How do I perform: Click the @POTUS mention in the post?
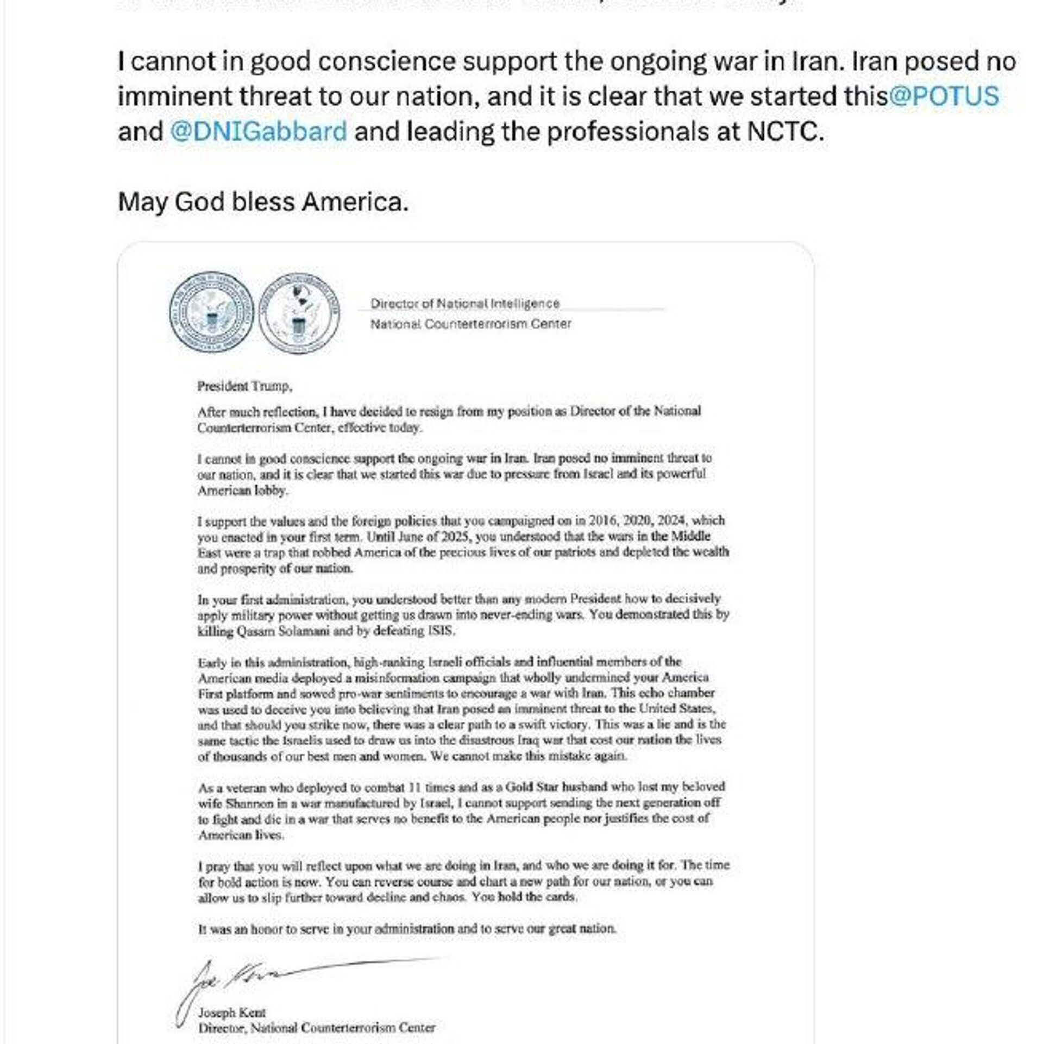[944, 96]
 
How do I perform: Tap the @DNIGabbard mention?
[259, 131]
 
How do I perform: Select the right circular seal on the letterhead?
[299, 313]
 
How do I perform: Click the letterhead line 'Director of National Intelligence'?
[465, 303]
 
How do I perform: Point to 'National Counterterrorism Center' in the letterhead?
[470, 324]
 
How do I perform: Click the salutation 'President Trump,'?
[244, 386]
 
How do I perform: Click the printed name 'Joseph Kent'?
[232, 1012]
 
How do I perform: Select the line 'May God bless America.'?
[263, 202]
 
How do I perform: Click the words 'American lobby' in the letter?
[242, 490]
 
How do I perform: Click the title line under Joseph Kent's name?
[317, 1028]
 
